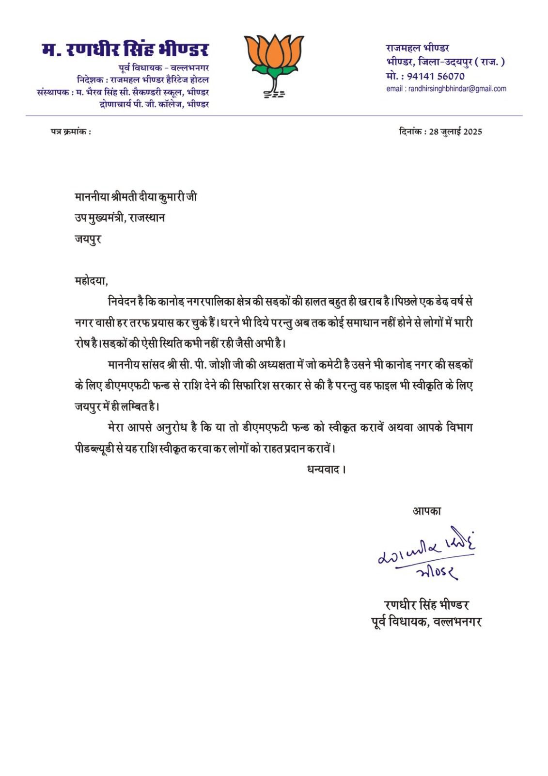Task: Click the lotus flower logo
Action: (x=274, y=65)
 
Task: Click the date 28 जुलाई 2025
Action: (x=455, y=132)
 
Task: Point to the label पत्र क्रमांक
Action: (x=70, y=132)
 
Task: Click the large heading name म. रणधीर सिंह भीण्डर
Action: (x=125, y=50)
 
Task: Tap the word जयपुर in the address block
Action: (x=88, y=239)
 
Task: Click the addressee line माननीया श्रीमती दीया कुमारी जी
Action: (x=136, y=197)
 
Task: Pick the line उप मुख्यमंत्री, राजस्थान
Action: (x=119, y=218)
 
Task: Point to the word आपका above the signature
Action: (x=426, y=511)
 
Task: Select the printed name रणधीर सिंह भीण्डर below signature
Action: (x=426, y=605)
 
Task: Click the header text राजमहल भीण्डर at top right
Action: (x=418, y=48)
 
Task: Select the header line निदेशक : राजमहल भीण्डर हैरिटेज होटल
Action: (x=142, y=80)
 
